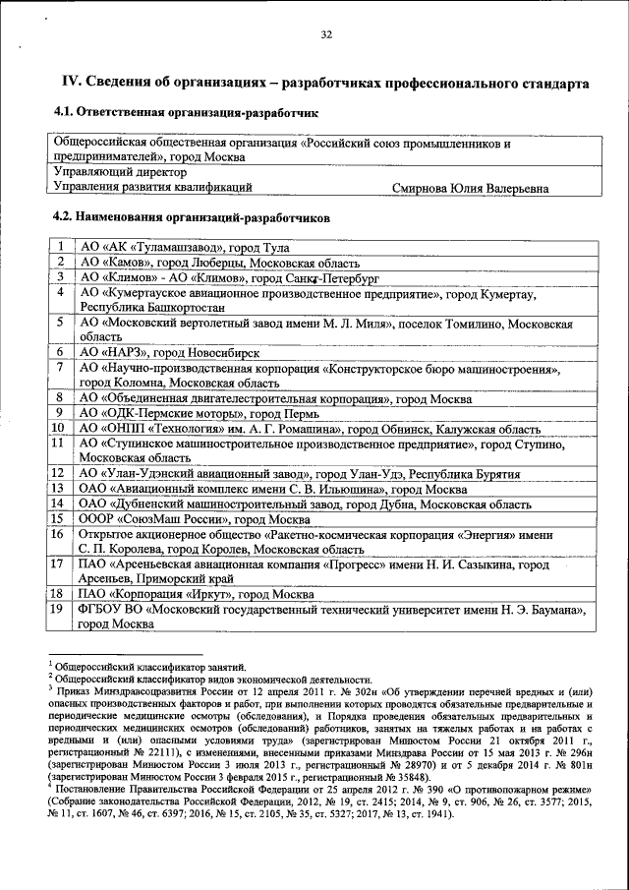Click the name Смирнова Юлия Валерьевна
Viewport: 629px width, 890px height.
470,187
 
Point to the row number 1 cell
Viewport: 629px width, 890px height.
60,247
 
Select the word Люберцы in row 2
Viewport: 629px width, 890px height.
219,263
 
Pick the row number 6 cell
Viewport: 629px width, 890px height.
60,351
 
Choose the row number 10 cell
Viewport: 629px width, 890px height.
58,428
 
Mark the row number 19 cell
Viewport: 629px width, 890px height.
58,610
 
